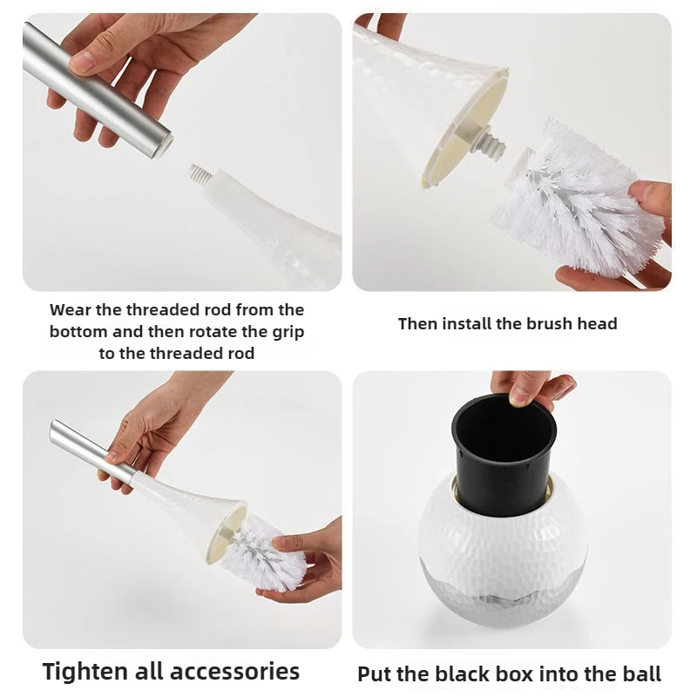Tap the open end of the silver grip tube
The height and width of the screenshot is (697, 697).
(x=164, y=145)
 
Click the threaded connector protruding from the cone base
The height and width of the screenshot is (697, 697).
(x=495, y=143)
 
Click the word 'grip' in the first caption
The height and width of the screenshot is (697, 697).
(x=288, y=333)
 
